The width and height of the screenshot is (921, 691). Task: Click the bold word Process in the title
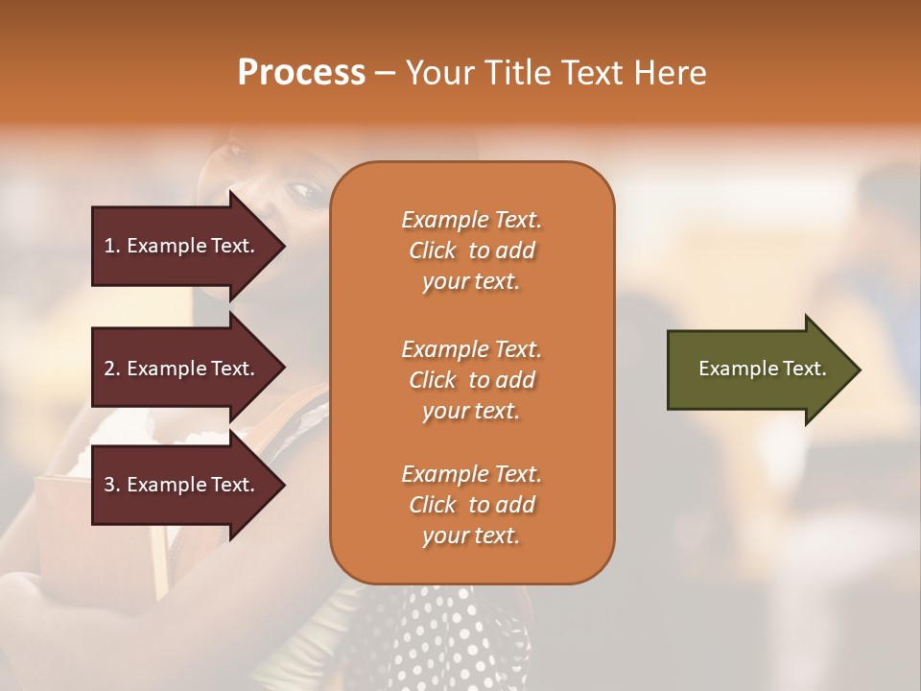(301, 73)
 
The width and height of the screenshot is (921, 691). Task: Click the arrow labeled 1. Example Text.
(182, 246)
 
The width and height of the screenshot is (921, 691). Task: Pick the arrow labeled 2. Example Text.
(182, 369)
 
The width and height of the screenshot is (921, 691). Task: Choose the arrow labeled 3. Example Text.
(182, 485)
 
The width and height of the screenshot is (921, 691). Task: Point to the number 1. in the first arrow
(112, 246)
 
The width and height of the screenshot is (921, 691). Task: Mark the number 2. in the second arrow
(112, 369)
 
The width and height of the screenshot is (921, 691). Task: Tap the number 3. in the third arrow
(112, 485)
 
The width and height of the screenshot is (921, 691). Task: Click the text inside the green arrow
(762, 369)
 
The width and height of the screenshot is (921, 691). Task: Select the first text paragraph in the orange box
(471, 250)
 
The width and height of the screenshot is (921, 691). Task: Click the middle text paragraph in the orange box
(471, 379)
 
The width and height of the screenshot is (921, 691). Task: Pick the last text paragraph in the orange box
(471, 505)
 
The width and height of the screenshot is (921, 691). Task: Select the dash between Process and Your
(385, 74)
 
